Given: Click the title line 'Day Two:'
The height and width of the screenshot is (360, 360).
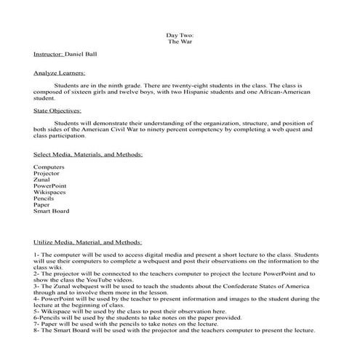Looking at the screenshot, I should [180, 34].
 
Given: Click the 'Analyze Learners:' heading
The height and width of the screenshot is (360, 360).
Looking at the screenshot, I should [60, 73].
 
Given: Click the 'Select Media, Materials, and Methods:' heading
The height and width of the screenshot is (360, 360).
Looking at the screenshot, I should [88, 154].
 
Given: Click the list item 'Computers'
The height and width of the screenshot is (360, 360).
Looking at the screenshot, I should [49, 167].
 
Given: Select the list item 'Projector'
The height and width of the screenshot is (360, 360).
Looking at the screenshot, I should [47, 174].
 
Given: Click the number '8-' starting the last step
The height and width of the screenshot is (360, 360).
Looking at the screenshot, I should [37, 329].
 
